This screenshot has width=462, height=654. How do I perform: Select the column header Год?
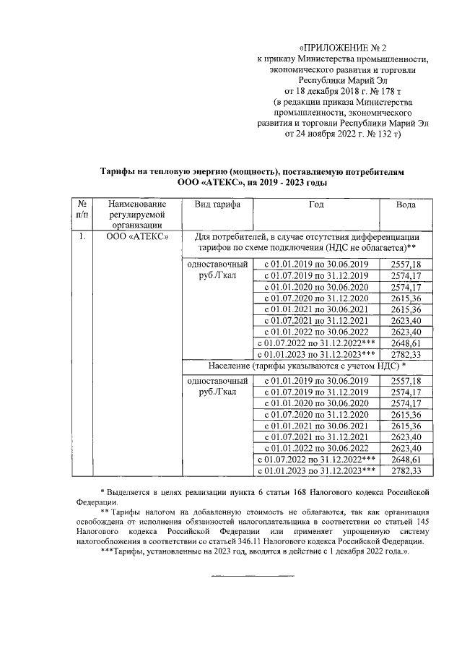point(316,205)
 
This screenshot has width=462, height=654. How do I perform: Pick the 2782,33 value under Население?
point(404,470)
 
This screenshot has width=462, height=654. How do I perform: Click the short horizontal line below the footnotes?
point(252,576)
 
